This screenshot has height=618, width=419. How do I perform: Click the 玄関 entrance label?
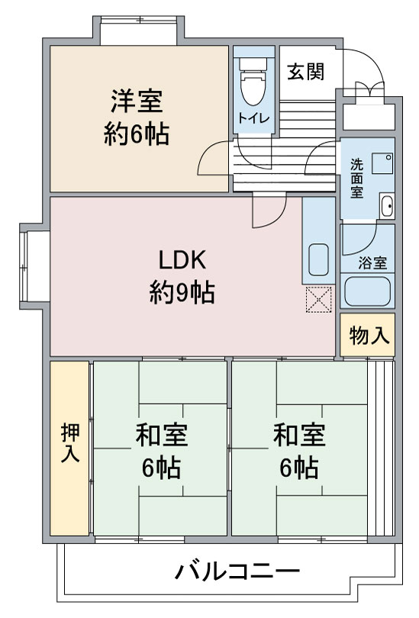[306, 72]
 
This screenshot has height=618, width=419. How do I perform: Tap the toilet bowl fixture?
[253, 82]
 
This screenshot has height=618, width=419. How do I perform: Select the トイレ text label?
[253, 117]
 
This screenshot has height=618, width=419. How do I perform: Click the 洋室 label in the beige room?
[137, 101]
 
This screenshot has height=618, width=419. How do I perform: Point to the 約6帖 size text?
[137, 134]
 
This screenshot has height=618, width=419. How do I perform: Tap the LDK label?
[182, 259]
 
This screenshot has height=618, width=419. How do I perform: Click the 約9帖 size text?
[182, 292]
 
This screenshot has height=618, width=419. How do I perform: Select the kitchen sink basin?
[318, 259]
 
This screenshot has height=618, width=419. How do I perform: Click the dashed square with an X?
[319, 300]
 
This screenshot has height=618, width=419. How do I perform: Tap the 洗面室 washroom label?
[356, 178]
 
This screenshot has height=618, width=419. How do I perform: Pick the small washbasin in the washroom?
[387, 205]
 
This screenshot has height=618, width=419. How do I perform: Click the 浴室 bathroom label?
[372, 263]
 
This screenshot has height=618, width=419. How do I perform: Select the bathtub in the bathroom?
[367, 291]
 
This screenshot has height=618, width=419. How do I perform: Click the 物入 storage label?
[369, 336]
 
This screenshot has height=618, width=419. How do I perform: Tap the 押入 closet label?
[70, 443]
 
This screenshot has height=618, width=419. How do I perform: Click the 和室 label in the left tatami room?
[162, 435]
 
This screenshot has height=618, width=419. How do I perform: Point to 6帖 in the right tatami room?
[299, 468]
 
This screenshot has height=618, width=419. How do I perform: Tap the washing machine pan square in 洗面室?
[382, 163]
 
